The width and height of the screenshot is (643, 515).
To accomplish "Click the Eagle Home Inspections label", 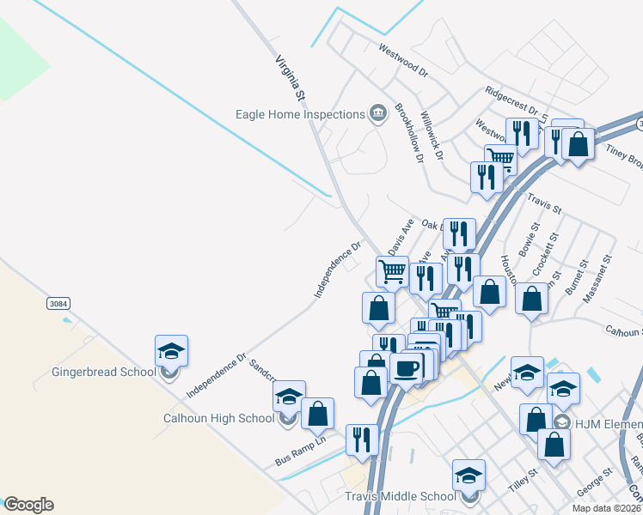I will pyautogui.click(x=301, y=114).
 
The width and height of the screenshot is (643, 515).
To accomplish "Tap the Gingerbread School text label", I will pyautogui.click(x=104, y=372).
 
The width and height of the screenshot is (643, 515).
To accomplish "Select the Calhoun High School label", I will pyautogui.click(x=218, y=418).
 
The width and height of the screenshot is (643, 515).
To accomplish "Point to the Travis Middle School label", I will pyautogui.click(x=400, y=496).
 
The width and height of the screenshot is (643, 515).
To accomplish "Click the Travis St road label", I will pyautogui.click(x=544, y=206).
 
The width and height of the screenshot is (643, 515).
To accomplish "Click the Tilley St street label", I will pyautogui.click(x=522, y=480).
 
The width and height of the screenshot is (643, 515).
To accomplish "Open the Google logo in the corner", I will pyautogui.click(x=28, y=504).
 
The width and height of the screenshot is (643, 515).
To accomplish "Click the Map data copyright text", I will pyautogui.click(x=603, y=507).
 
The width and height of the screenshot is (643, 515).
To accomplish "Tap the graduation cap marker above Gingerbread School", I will pyautogui.click(x=171, y=350).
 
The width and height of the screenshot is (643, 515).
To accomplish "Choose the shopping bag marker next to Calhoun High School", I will pyautogui.click(x=317, y=414).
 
